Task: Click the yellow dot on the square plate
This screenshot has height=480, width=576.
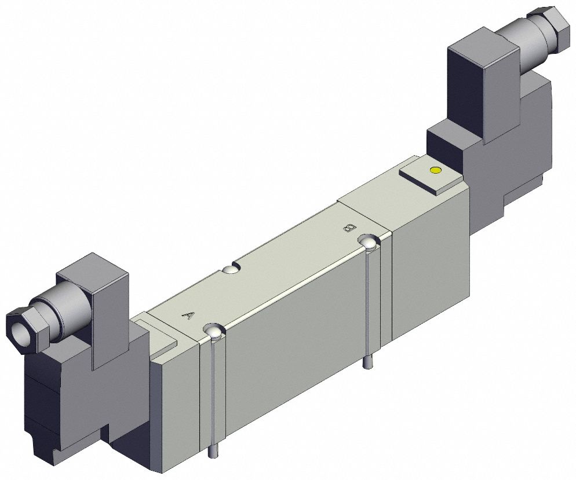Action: (x=435, y=170)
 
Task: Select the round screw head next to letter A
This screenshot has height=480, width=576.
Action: (x=214, y=332)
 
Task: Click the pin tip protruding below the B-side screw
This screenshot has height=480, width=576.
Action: (x=367, y=364)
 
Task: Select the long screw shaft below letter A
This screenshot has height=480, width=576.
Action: (x=214, y=394)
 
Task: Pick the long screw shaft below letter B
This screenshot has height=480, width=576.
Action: (x=367, y=307)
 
